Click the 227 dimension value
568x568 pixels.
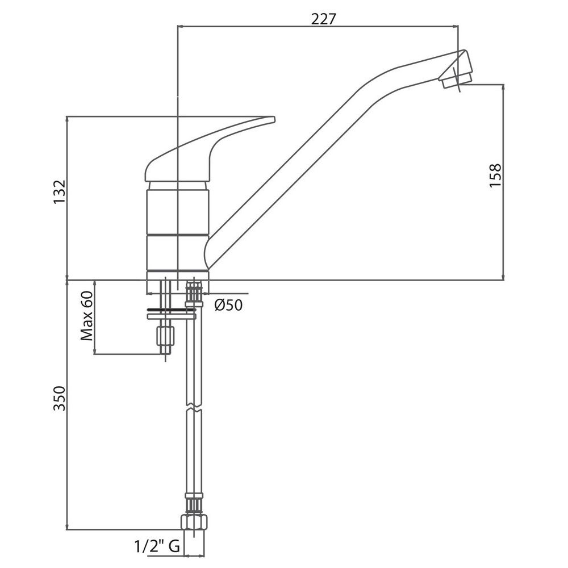pos(324,19)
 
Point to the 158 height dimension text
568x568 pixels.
pos(495,176)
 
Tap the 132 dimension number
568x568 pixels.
pos(60,191)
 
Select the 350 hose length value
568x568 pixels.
pos(60,399)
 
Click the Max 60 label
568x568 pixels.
pos(86,316)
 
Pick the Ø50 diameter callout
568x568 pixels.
pos(228,304)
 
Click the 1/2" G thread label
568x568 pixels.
pos(157,546)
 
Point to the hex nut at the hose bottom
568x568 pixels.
pos(194,523)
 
